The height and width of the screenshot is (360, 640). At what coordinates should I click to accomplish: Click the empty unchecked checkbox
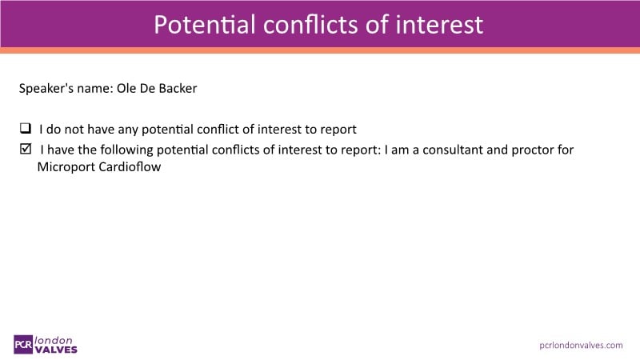(26, 128)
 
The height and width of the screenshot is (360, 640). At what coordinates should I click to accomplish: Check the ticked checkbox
(26, 149)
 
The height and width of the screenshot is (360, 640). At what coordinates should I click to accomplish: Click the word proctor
(531, 150)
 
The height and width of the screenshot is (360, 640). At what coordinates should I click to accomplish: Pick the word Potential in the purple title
(205, 25)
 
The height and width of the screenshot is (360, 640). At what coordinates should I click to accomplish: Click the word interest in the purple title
(439, 25)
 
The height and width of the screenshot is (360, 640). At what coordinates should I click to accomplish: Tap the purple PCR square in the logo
(23, 345)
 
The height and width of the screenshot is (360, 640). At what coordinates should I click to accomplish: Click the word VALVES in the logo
(56, 350)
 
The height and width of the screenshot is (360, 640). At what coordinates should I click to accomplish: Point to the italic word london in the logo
(54, 340)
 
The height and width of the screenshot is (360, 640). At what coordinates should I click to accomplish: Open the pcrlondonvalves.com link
(581, 346)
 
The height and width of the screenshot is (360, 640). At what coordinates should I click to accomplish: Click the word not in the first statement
(74, 130)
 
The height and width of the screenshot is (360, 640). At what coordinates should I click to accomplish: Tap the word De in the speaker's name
(147, 88)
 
